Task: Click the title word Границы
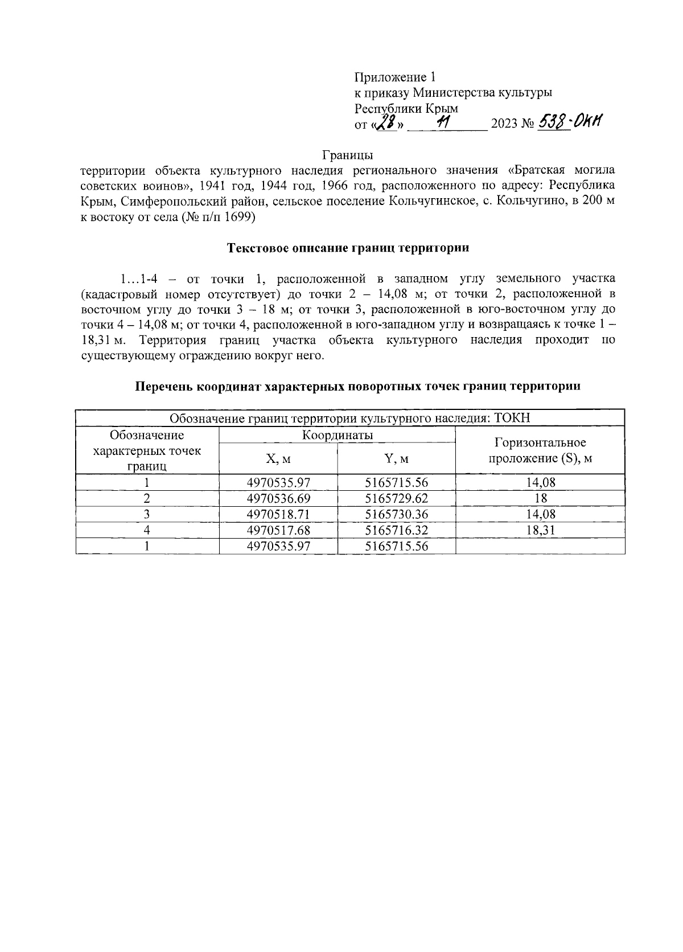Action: [347, 155]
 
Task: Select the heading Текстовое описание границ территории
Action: [348, 248]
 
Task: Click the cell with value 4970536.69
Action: [278, 499]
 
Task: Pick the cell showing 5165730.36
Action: [396, 515]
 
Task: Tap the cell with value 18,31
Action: [540, 531]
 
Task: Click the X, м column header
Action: [278, 458]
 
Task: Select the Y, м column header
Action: [396, 458]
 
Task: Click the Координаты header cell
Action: [337, 436]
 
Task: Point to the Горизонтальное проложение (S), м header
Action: [540, 450]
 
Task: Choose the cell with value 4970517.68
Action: [278, 531]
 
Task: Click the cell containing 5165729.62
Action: [396, 499]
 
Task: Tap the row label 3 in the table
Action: [147, 515]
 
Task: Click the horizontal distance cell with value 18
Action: [540, 499]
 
